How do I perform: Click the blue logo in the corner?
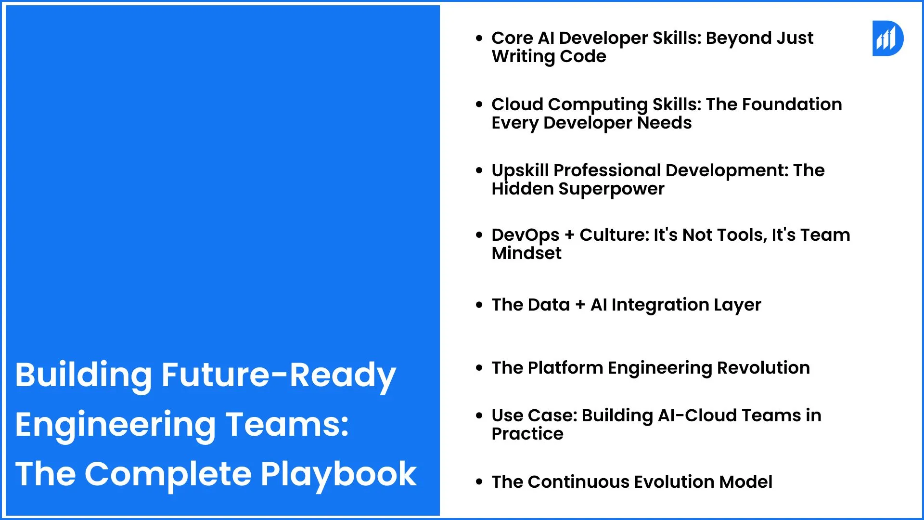[888, 38]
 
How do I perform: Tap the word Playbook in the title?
[339, 474]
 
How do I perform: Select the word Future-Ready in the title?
[279, 376]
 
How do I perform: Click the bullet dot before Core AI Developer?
[479, 38]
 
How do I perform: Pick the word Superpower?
[611, 189]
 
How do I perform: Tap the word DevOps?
[526, 235]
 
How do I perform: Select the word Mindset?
[526, 253]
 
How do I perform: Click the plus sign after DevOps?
[570, 235]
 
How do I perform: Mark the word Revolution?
[763, 368]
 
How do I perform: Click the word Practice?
[527, 434]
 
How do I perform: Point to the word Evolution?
[674, 482]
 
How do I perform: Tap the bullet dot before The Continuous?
[479, 481]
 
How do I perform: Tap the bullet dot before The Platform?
[479, 368]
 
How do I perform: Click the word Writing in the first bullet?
[524, 57]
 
